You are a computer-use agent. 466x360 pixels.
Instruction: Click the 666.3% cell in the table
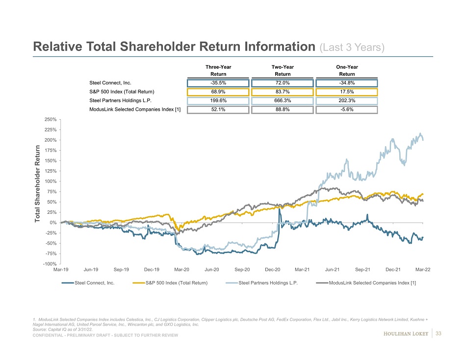283,101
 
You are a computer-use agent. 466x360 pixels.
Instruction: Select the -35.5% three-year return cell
217,83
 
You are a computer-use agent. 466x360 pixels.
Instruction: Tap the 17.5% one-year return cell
347,92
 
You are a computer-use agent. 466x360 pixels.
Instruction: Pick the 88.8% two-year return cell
283,109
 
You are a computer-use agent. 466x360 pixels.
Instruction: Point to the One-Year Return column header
347,71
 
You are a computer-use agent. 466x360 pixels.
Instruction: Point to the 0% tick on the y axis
53,223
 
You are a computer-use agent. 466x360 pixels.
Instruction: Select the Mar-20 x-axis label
182,270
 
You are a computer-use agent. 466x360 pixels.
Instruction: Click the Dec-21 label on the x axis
393,270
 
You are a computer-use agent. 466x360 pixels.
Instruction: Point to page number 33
439,334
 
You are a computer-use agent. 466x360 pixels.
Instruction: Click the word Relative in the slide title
55,47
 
